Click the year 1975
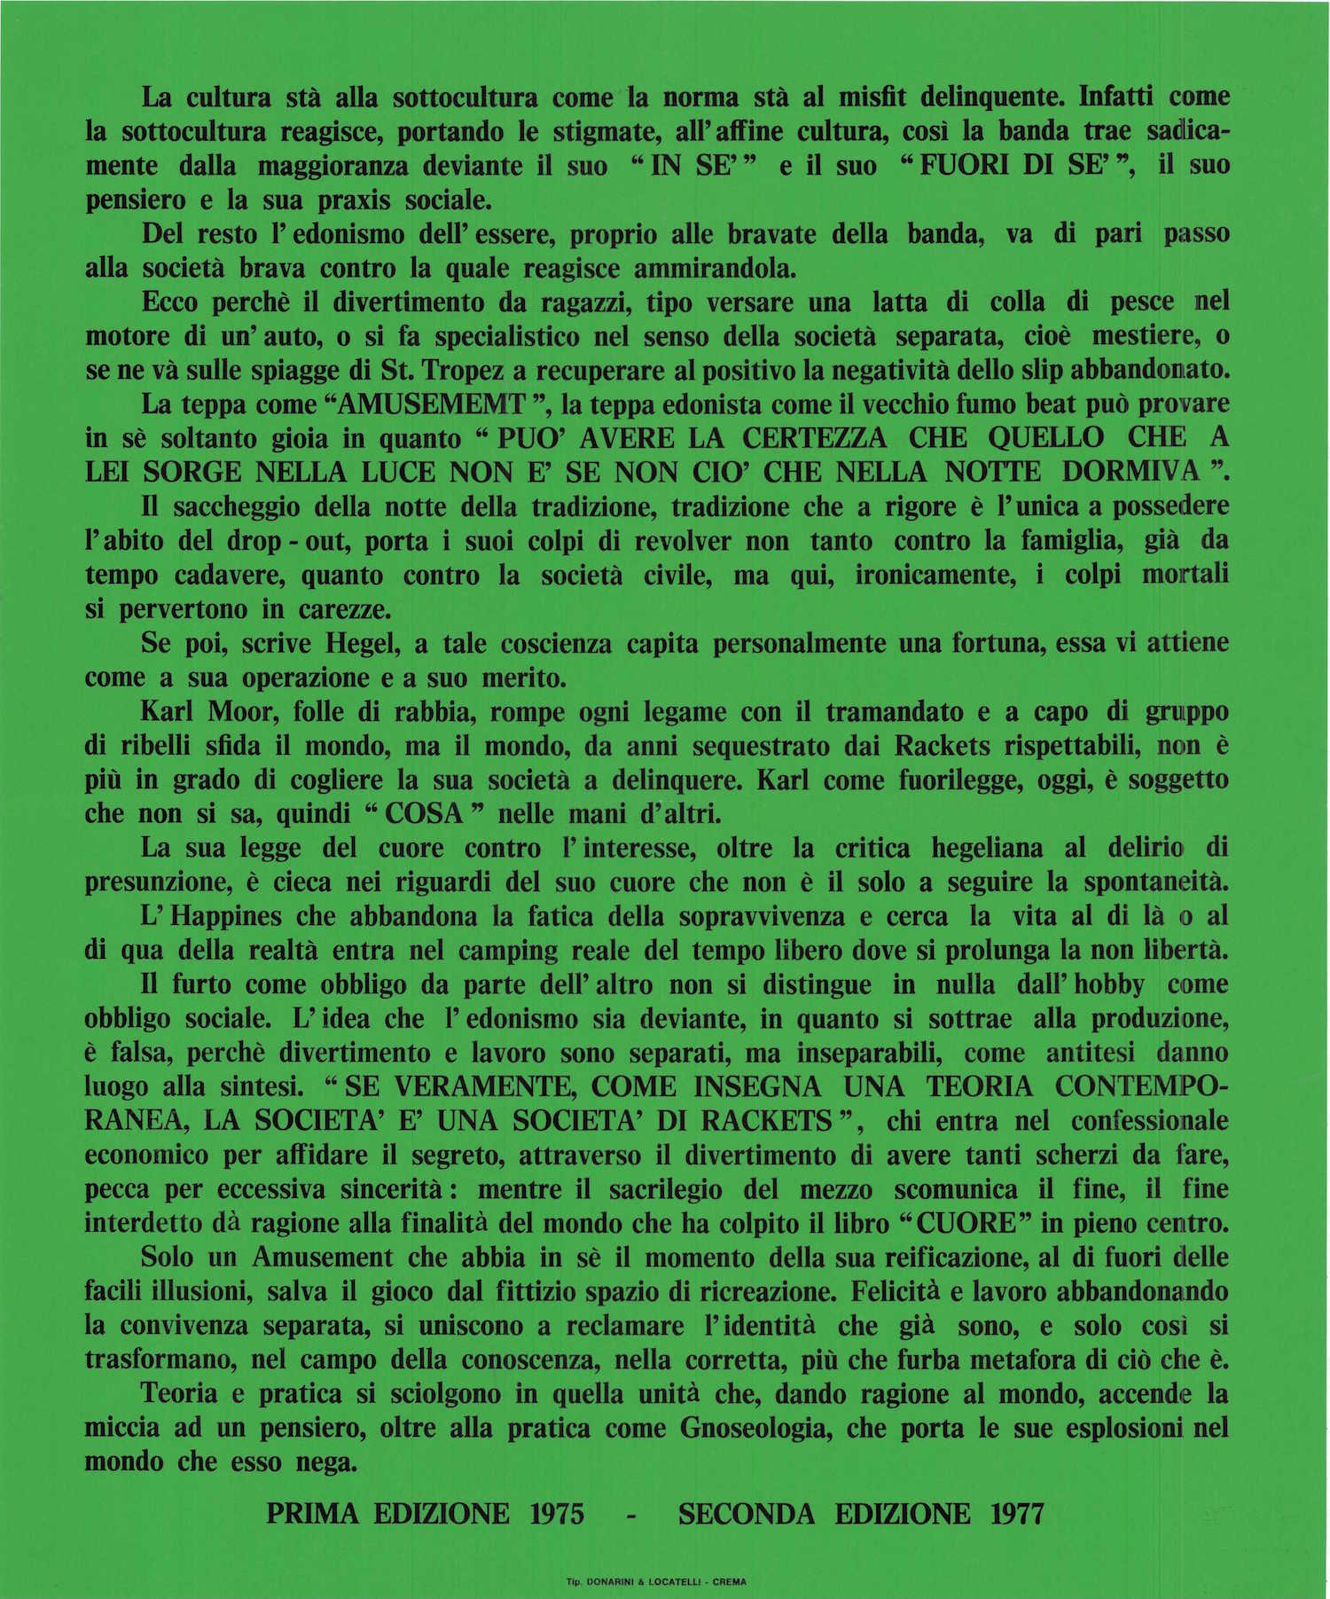tap(557, 1514)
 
